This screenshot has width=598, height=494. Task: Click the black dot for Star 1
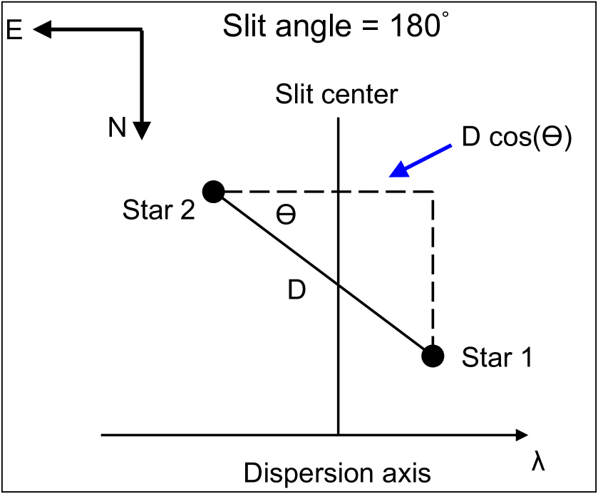coord(433,355)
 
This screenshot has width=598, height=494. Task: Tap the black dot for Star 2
coord(213,191)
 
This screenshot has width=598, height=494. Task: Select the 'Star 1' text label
coord(497,357)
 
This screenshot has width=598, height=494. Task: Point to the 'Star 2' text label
coord(158,212)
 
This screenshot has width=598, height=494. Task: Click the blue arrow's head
coord(396,171)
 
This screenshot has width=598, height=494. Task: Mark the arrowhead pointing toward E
coord(41,29)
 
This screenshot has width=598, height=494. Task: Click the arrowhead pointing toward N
coord(143,128)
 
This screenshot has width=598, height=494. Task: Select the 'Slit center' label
coord(336,94)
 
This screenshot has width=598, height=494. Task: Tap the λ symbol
coord(538,460)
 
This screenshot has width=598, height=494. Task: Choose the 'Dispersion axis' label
coord(336,472)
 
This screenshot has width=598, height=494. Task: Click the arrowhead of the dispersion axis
coord(520,434)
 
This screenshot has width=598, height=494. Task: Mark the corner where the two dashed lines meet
coord(433,192)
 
